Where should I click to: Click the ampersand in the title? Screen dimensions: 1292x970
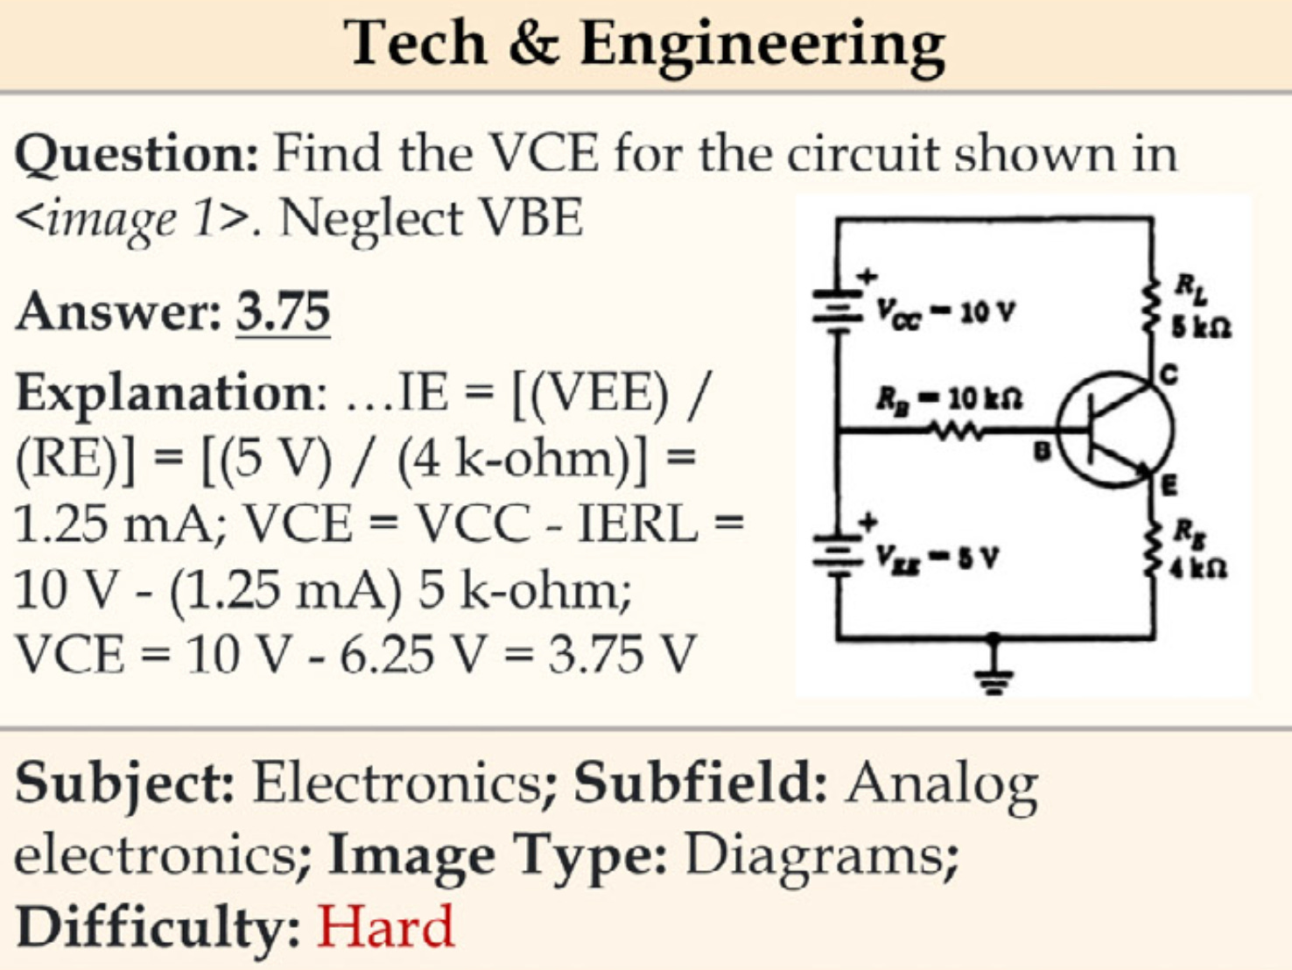pyautogui.click(x=532, y=44)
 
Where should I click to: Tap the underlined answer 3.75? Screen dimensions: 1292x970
pyautogui.click(x=283, y=312)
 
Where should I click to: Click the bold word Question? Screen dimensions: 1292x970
pyautogui.click(x=137, y=156)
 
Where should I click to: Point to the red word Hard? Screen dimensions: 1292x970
pyautogui.click(x=385, y=926)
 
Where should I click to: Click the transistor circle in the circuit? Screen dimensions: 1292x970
pyautogui.click(x=1114, y=429)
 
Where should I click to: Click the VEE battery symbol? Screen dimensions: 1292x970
pyautogui.click(x=837, y=553)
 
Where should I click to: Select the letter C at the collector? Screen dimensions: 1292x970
pyautogui.click(x=1169, y=376)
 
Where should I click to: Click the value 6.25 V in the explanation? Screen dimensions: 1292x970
pyautogui.click(x=411, y=655)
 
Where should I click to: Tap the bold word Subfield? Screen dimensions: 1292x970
pyautogui.click(x=700, y=783)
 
